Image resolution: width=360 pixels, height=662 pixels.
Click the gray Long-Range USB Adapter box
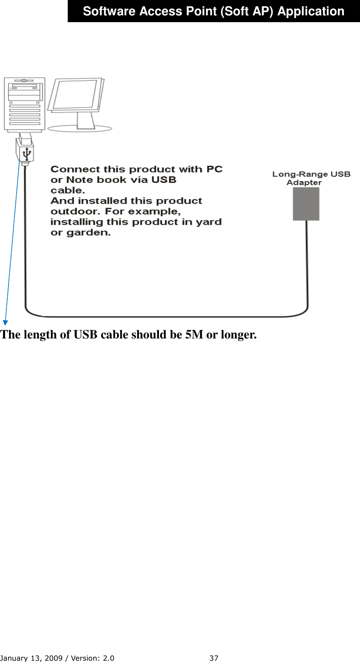click(x=306, y=204)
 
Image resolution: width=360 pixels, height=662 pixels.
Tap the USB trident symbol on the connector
click(x=26, y=153)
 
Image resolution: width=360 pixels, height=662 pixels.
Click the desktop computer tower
click(x=25, y=104)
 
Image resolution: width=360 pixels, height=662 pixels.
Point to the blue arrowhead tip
click(x=5, y=323)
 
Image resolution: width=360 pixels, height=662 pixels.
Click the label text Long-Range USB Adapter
click(x=311, y=178)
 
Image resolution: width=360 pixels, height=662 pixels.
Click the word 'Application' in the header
click(x=311, y=12)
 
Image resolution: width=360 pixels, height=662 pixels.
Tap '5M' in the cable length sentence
click(x=194, y=335)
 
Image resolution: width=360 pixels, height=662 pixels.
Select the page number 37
click(x=214, y=658)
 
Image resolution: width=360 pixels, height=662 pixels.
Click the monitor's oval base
click(x=80, y=128)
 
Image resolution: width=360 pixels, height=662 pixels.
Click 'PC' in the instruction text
click(x=214, y=169)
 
